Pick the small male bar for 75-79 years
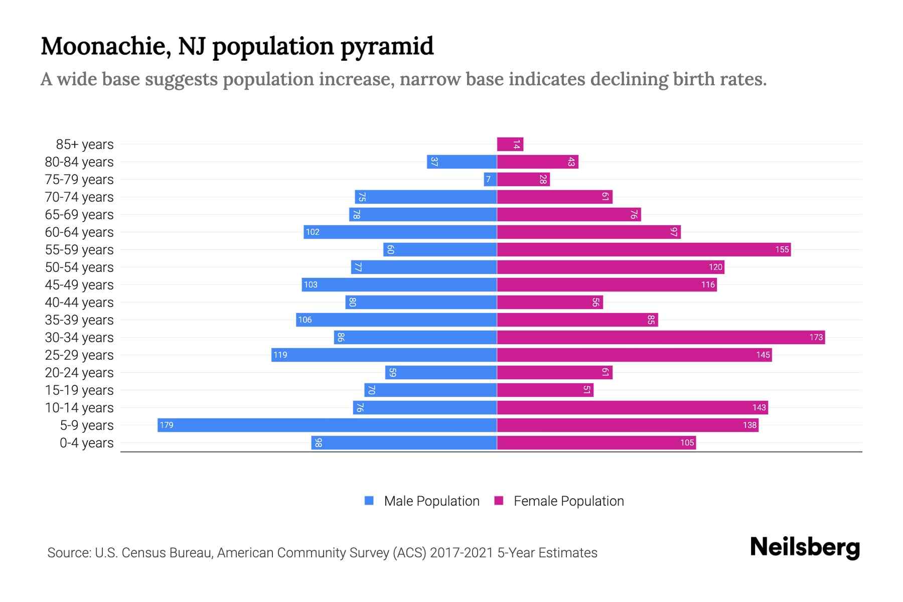(490, 179)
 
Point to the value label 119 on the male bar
(280, 355)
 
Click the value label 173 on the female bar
(816, 337)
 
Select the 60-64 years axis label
(79, 232)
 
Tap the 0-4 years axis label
(86, 443)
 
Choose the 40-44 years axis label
(79, 303)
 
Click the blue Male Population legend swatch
(369, 501)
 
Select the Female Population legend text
(568, 501)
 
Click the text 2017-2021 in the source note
(462, 553)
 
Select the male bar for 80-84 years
(462, 162)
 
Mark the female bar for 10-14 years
(632, 407)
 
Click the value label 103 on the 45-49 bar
(311, 284)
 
